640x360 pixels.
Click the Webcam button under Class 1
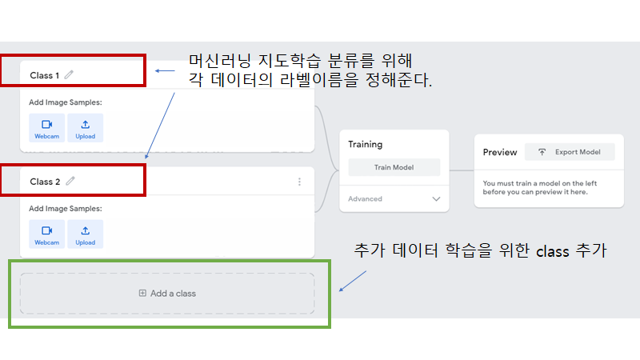pyautogui.click(x=46, y=128)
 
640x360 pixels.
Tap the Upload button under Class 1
pyautogui.click(x=86, y=128)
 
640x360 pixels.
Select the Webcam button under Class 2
pyautogui.click(x=46, y=234)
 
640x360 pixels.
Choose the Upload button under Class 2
pyautogui.click(x=86, y=234)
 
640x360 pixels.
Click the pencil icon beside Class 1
pyautogui.click(x=70, y=75)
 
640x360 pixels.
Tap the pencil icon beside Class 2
pyautogui.click(x=70, y=182)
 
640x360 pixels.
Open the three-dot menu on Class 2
pyautogui.click(x=300, y=182)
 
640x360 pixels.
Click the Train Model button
pyautogui.click(x=394, y=168)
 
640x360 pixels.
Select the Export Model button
pyautogui.click(x=570, y=152)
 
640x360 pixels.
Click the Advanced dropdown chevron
pyautogui.click(x=436, y=198)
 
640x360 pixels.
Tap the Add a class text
pyautogui.click(x=173, y=294)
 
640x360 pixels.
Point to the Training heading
pyautogui.click(x=366, y=145)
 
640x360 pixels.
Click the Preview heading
pyautogui.click(x=500, y=152)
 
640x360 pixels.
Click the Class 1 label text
pyautogui.click(x=45, y=75)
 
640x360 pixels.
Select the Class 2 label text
pyautogui.click(x=45, y=182)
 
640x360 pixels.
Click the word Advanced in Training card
pyautogui.click(x=365, y=198)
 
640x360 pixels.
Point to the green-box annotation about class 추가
pyautogui.click(x=481, y=251)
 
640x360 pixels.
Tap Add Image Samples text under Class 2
pyautogui.click(x=66, y=209)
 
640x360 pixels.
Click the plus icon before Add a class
pyautogui.click(x=142, y=294)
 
